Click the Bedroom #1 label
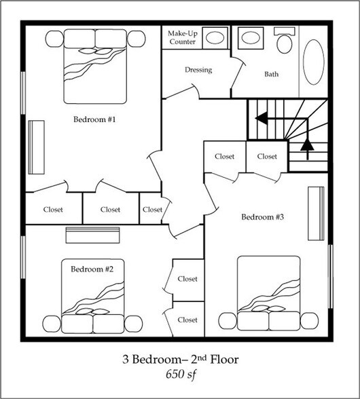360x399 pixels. (94, 119)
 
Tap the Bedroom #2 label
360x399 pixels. (92, 269)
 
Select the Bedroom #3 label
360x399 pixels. (262, 217)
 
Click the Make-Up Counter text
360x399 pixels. (183, 37)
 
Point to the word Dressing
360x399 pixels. (198, 70)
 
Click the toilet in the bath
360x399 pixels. (285, 41)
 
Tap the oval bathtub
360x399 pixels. (313, 62)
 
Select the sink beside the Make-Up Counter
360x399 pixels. (215, 38)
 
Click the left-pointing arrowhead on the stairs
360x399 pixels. (261, 118)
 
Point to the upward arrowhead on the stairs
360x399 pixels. (307, 145)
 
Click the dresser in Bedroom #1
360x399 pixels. (36, 147)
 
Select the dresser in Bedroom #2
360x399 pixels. (93, 235)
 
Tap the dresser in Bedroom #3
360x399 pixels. (316, 214)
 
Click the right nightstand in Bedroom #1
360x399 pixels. (137, 39)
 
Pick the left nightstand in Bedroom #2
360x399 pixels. (52, 324)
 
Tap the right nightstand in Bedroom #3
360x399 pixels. (310, 321)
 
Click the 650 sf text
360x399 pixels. (181, 375)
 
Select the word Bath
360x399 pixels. (271, 75)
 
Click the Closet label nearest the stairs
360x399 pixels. (267, 156)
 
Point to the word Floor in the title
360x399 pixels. (224, 360)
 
